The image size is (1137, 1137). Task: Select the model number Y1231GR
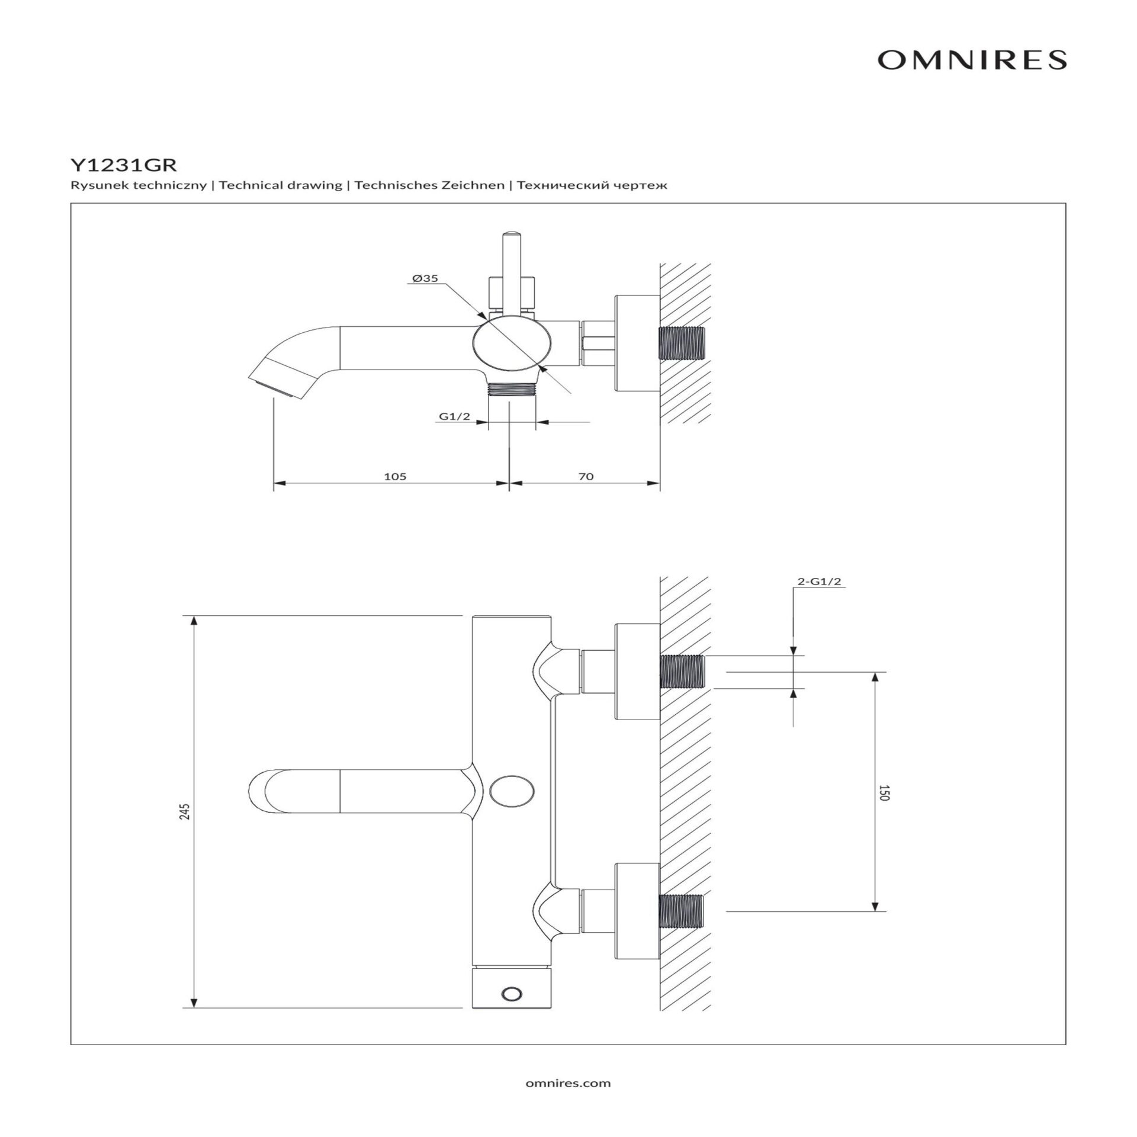click(123, 164)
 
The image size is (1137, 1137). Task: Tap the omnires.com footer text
click(568, 1083)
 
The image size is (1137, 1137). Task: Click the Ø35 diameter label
click(425, 278)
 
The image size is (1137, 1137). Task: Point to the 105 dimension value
click(395, 476)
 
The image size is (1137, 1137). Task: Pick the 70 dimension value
click(585, 476)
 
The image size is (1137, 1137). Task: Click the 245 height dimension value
click(185, 811)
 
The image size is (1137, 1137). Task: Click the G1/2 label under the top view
click(454, 416)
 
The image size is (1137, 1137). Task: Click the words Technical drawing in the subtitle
click(281, 185)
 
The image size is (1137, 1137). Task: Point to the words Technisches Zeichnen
click(429, 185)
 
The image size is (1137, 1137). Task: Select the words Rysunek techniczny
click(139, 185)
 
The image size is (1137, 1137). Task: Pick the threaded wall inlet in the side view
click(682, 343)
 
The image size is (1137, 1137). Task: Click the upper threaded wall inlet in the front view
click(682, 672)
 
